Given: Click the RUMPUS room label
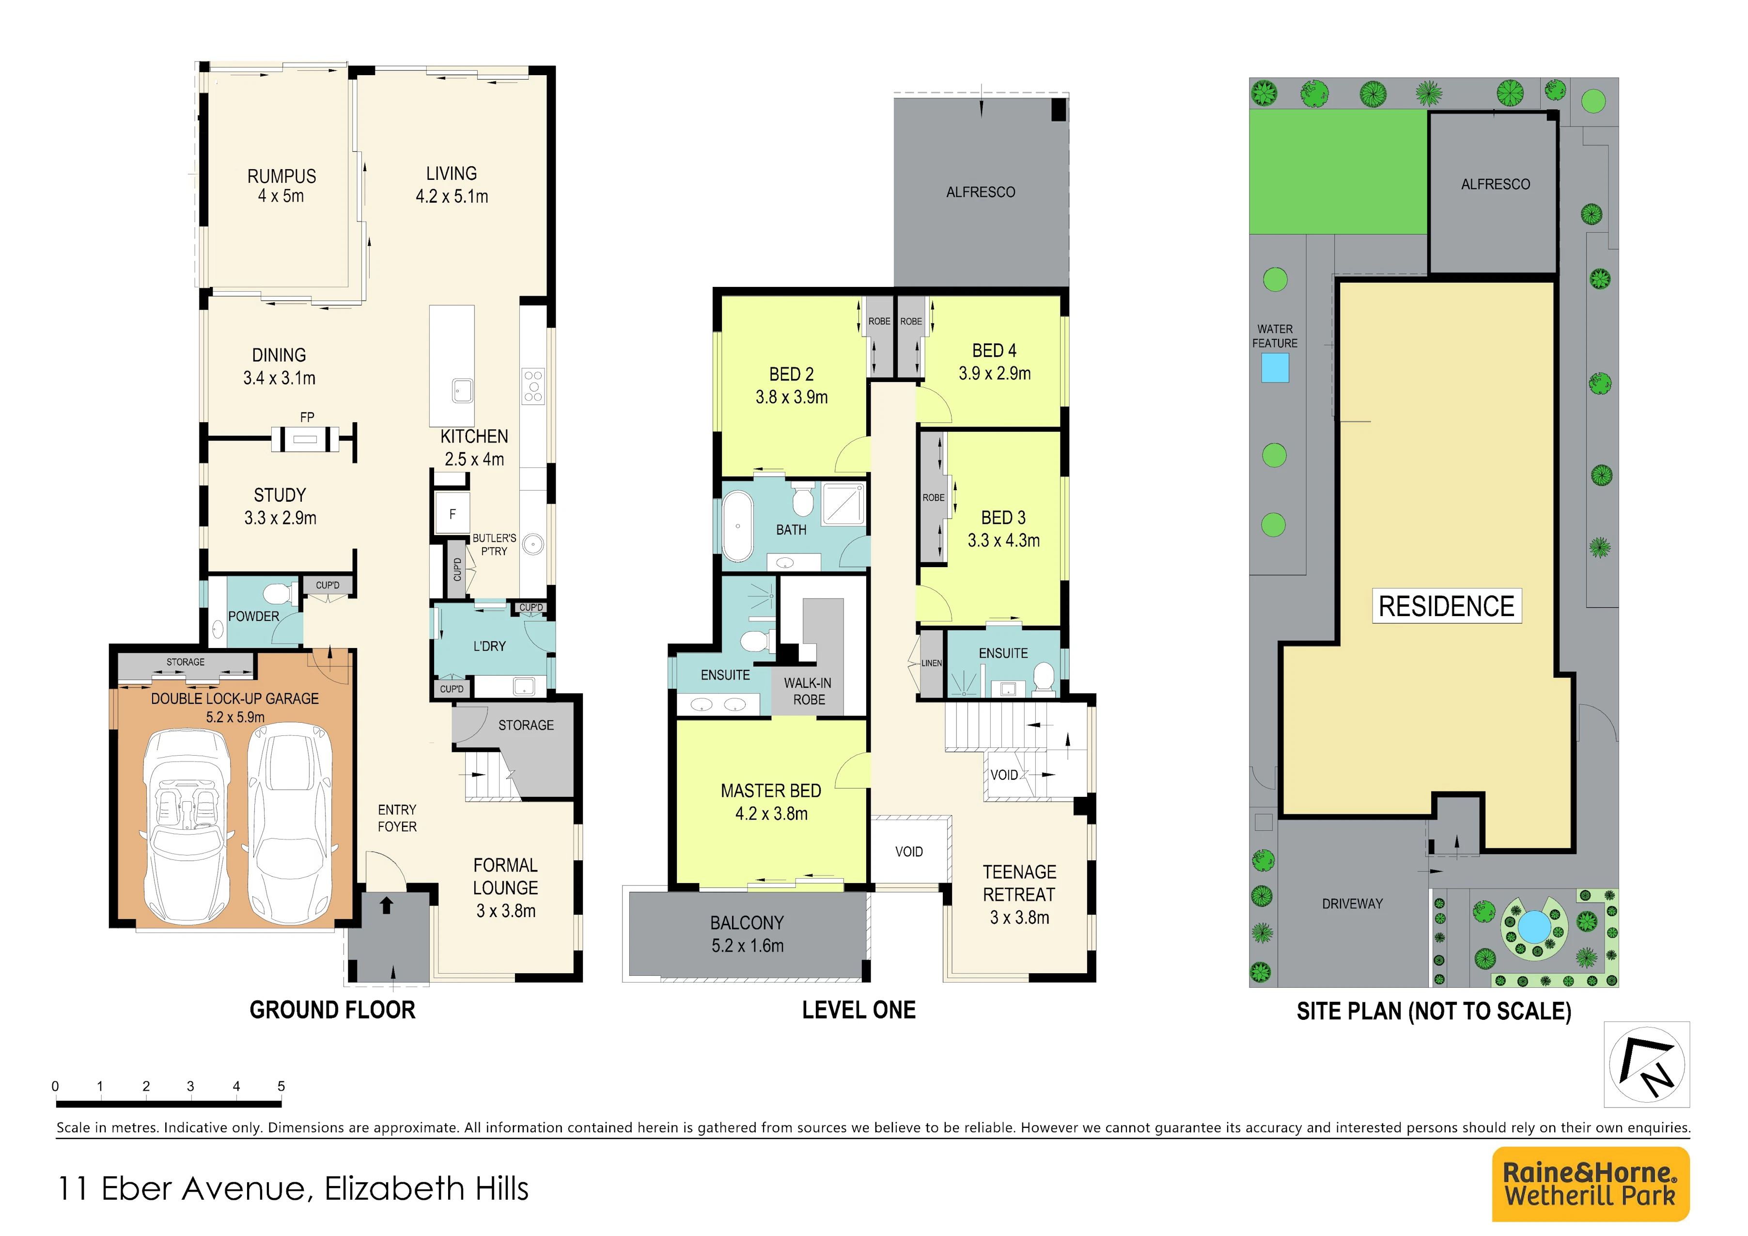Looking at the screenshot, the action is pos(281,176).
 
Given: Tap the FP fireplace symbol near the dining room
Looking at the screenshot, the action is pos(306,440).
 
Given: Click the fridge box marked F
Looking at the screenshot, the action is pos(452,514).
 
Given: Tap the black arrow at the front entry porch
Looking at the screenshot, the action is pos(386,905).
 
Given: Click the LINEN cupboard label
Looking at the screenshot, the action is pos(932,663).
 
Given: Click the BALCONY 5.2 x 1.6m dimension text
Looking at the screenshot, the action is pos(747,946).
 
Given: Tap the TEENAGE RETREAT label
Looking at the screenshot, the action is pos(1019,884).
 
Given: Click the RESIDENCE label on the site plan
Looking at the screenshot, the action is pos(1447,606).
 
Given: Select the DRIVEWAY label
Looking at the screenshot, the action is pos(1352,904).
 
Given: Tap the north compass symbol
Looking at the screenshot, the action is pos(1647,1064).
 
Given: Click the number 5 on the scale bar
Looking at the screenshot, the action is pos(281,1086).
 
